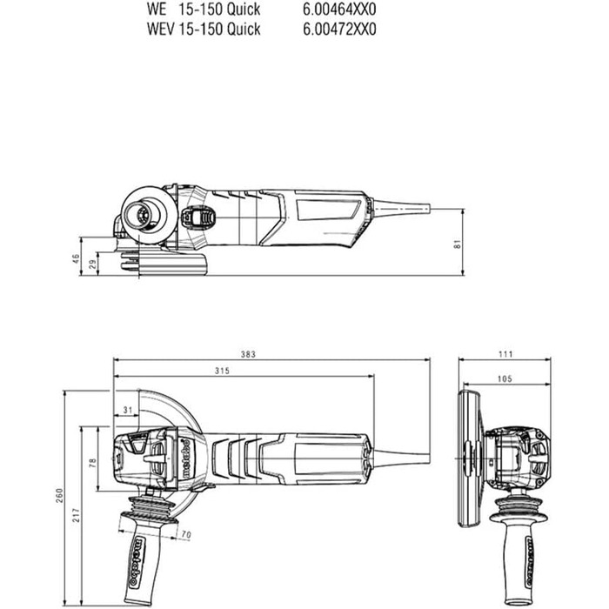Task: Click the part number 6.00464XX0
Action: tap(340, 10)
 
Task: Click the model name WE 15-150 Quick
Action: tap(204, 10)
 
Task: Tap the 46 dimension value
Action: tap(76, 258)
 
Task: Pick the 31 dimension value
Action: tap(127, 410)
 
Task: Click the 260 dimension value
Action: tap(60, 495)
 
